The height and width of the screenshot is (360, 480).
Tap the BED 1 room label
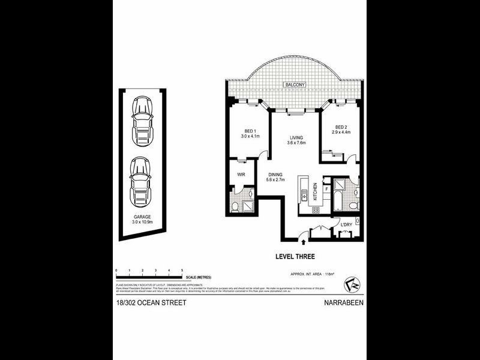pos(250,131)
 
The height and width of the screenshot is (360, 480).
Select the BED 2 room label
pos(342,127)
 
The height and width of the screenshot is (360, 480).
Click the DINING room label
pos(275,175)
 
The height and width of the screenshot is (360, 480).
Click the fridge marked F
pos(326,189)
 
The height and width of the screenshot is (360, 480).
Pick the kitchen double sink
pos(304,195)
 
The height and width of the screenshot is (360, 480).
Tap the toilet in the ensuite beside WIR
pos(235,206)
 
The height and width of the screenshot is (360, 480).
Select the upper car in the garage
pos(142,116)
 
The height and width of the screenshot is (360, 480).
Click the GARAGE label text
pos(142,217)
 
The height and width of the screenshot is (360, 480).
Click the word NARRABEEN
pos(343,303)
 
